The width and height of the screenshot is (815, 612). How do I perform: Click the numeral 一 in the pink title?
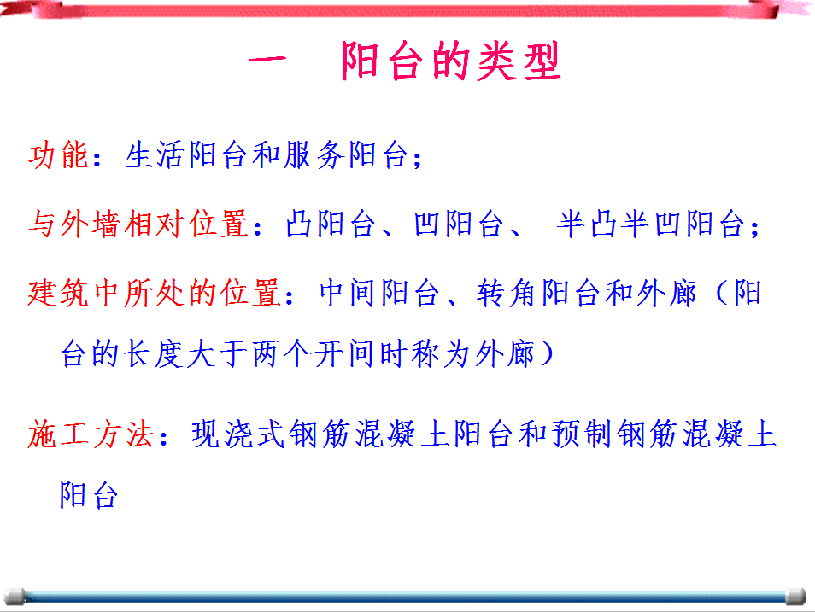pyautogui.click(x=267, y=61)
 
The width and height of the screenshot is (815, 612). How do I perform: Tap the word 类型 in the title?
pyautogui.click(x=519, y=61)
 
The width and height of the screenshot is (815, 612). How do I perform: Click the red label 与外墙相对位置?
pyautogui.click(x=138, y=224)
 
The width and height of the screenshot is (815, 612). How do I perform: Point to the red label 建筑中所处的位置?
pyautogui.click(x=155, y=293)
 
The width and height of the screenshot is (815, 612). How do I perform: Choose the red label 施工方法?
pyautogui.click(x=91, y=434)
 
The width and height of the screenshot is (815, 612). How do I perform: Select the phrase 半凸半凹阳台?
pyautogui.click(x=650, y=224)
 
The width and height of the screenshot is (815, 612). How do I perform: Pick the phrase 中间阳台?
pyautogui.click(x=379, y=293)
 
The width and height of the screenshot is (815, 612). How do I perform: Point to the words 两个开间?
pyautogui.click(x=312, y=354)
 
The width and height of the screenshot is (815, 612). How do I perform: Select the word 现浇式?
pyautogui.click(x=238, y=434)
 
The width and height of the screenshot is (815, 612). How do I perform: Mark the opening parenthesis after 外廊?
pyautogui.click(x=721, y=293)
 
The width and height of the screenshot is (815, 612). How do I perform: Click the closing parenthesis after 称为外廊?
pyautogui.click(x=547, y=354)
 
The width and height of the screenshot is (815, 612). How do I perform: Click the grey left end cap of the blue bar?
pyautogui.click(x=14, y=597)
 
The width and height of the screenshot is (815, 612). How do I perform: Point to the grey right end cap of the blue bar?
pyautogui.click(x=795, y=597)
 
